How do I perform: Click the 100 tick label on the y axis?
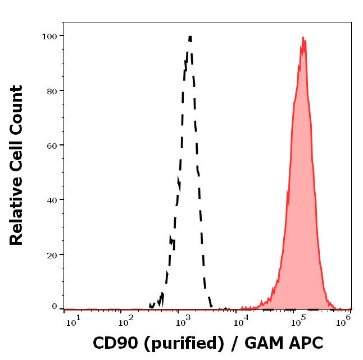pos(49,36)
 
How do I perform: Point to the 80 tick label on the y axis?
pos(52,90)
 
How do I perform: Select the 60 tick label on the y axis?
pos(52,145)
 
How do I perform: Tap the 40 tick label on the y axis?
pos(52,199)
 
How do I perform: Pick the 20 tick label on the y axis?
pos(52,254)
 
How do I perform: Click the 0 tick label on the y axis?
pos(55,307)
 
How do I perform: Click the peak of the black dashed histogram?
pos(190,37)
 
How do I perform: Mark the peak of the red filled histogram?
pos(303,38)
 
